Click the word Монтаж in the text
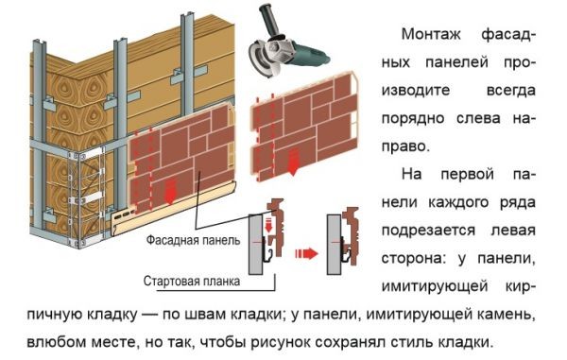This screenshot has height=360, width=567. [431, 34]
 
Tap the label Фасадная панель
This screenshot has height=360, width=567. [193, 240]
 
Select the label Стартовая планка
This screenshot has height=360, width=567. [191, 281]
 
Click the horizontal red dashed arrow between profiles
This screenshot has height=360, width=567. [306, 254]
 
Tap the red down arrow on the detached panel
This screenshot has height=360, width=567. [293, 162]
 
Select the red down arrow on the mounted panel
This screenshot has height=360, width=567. [170, 193]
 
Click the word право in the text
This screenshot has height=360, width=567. [405, 147]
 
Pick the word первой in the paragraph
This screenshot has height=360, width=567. [467, 174]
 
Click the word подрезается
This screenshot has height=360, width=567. [428, 231]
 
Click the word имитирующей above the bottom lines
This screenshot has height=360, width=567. [435, 286]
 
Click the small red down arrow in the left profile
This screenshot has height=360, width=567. [268, 225]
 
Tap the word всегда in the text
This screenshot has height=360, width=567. [510, 91]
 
